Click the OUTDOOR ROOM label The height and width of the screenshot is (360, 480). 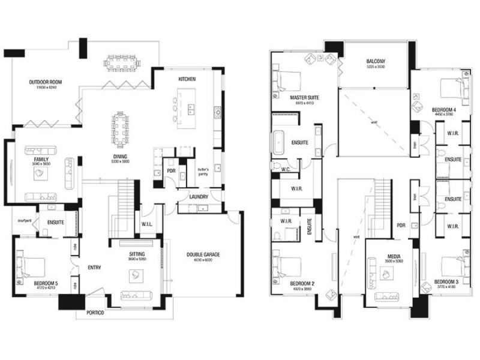pos(46,82)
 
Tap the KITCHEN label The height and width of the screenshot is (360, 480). pos(187,79)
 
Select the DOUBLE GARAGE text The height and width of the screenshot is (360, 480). pos(203,254)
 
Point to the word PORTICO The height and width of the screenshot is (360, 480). pos(95,313)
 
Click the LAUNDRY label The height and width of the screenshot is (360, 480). pos(198,196)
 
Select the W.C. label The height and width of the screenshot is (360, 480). pos(286,170)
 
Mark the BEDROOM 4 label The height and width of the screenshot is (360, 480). pos(444,110)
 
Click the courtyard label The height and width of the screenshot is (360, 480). pos(23,219)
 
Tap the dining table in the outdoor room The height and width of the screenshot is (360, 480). pos(122,62)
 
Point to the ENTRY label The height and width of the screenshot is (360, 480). pos(93,267)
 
